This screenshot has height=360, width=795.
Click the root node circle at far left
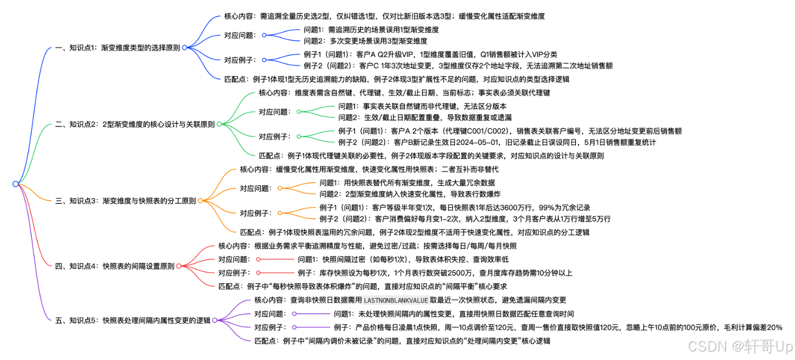(x=15, y=184)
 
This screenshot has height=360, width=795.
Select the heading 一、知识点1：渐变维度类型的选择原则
(x=117, y=47)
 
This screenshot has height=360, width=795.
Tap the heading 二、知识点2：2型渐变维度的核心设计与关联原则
(x=135, y=124)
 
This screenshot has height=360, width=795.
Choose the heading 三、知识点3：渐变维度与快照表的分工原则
(x=125, y=201)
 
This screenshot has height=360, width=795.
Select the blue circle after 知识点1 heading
(x=184, y=47)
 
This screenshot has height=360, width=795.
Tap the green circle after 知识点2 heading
(x=219, y=124)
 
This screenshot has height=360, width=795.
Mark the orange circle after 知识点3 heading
(x=200, y=201)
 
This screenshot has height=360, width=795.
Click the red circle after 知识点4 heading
(x=179, y=265)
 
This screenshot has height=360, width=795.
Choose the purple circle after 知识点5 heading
(x=214, y=320)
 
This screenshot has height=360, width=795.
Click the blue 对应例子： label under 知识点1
(x=240, y=60)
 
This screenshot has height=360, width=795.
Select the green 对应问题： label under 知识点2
(x=274, y=112)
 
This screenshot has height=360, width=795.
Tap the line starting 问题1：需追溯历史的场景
(x=371, y=30)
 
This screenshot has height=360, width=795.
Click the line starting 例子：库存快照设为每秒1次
(x=435, y=273)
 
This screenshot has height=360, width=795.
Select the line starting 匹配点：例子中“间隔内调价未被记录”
(x=402, y=341)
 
